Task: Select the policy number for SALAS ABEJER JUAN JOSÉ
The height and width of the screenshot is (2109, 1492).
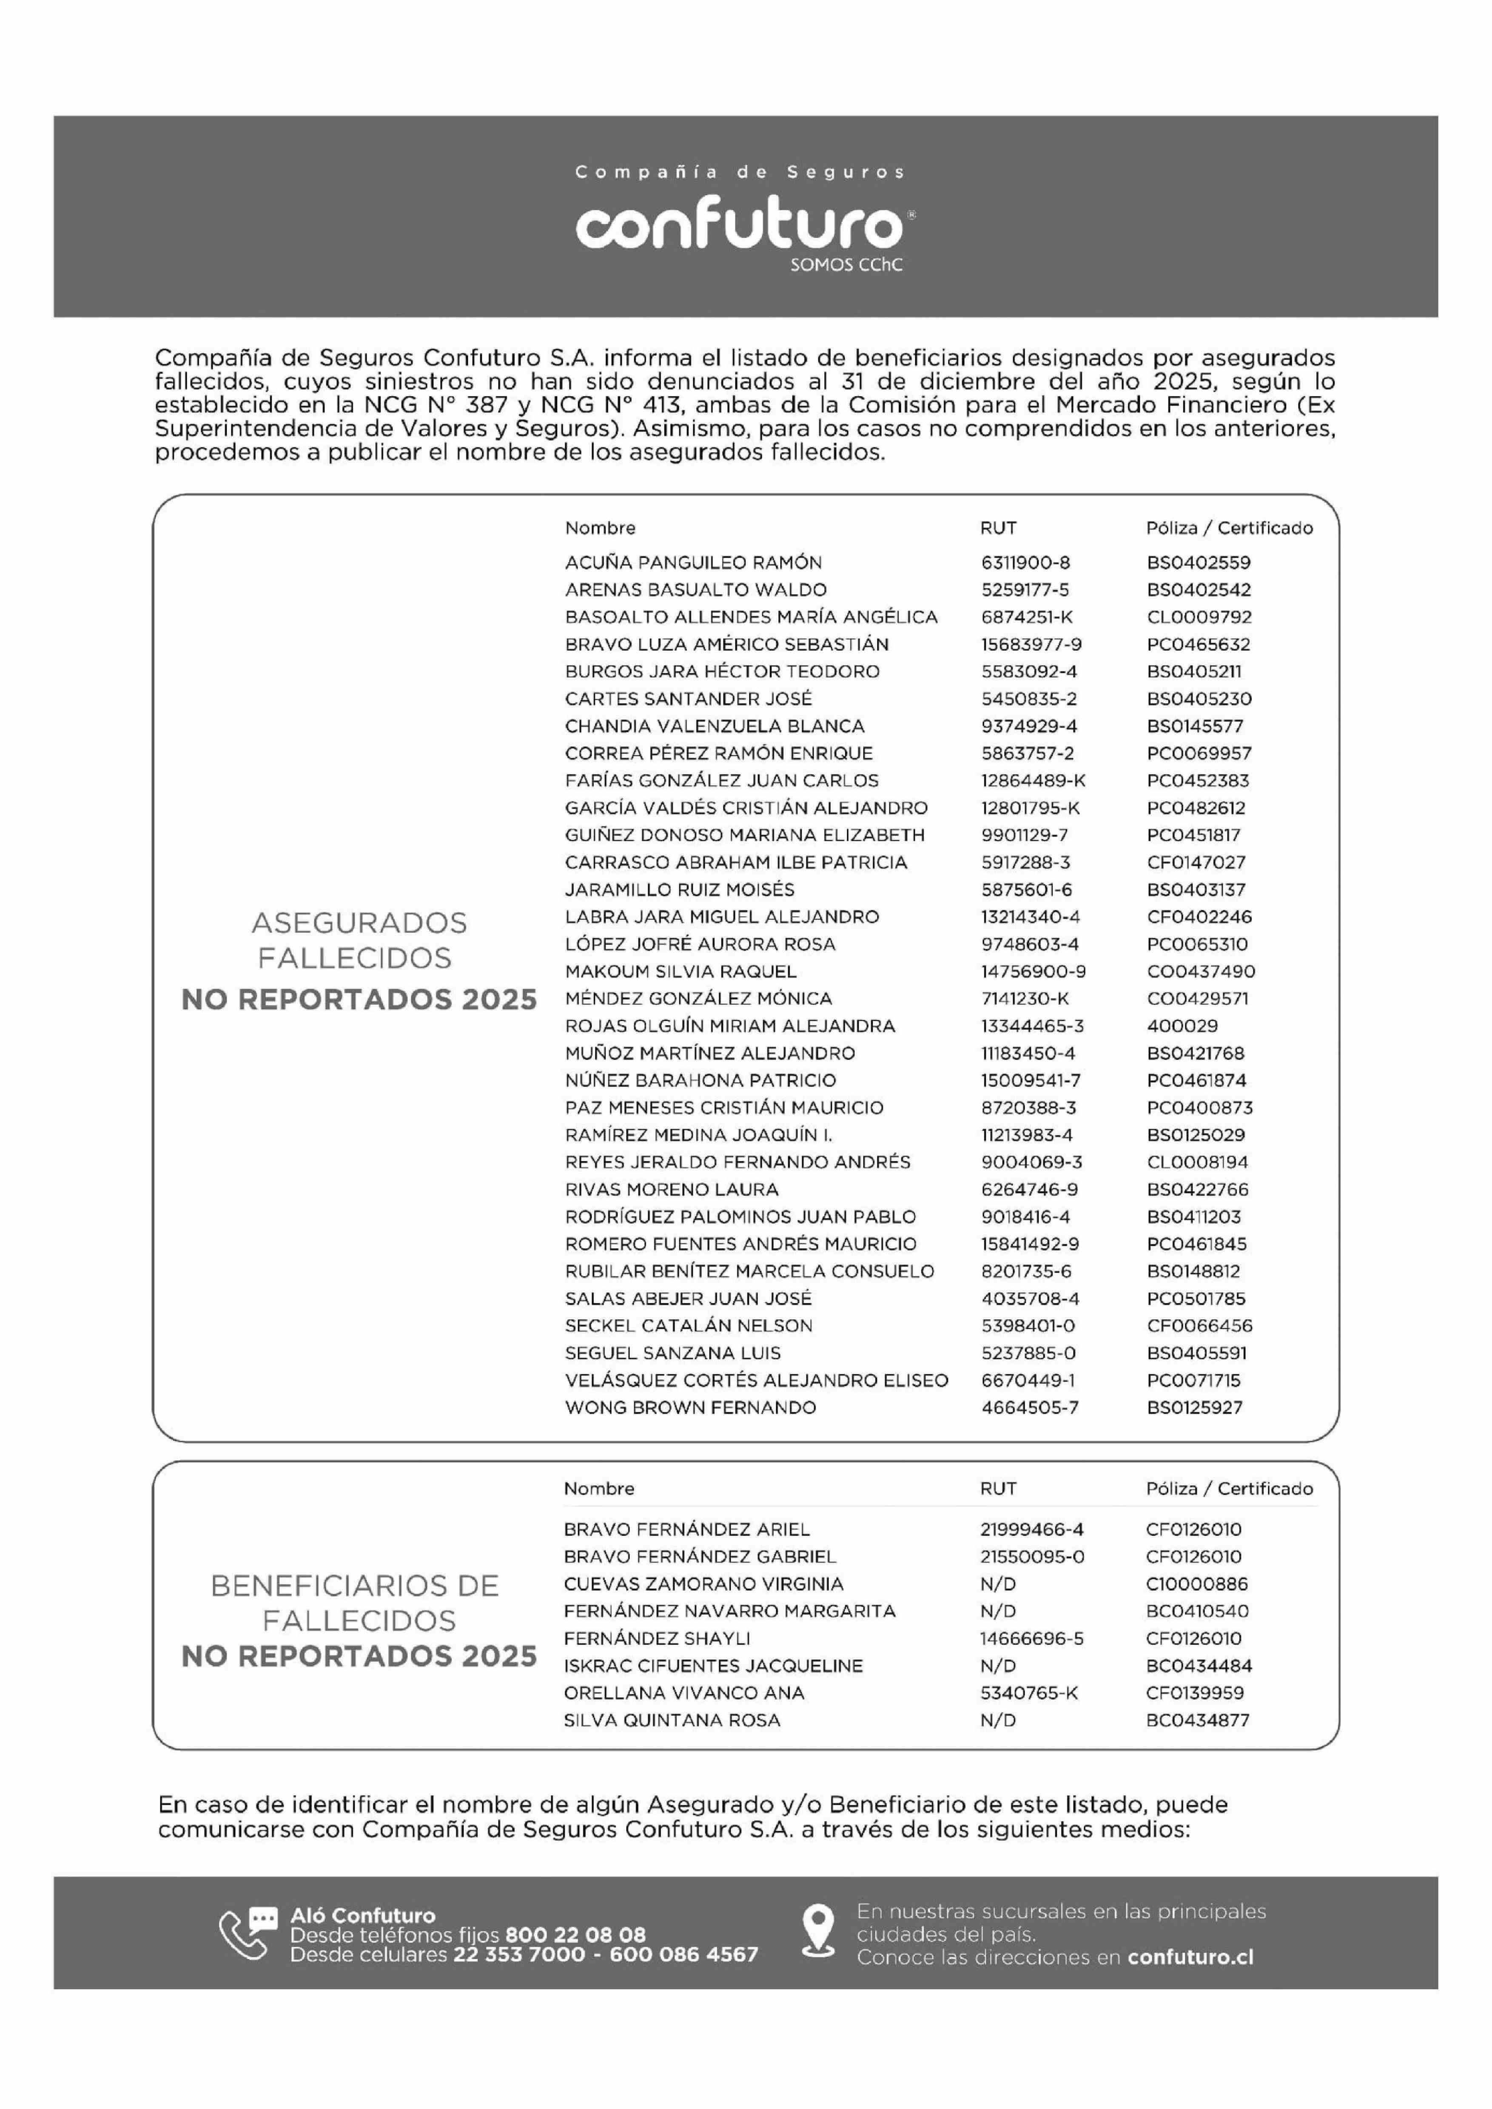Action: pyautogui.click(x=1196, y=1299)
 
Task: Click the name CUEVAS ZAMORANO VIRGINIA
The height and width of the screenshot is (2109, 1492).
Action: pyautogui.click(x=703, y=1583)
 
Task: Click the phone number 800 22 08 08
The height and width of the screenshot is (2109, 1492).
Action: pyautogui.click(x=575, y=1935)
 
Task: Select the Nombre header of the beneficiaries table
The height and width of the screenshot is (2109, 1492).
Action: pyautogui.click(x=599, y=1488)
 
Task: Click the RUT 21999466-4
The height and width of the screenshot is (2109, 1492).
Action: pyautogui.click(x=1032, y=1529)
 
